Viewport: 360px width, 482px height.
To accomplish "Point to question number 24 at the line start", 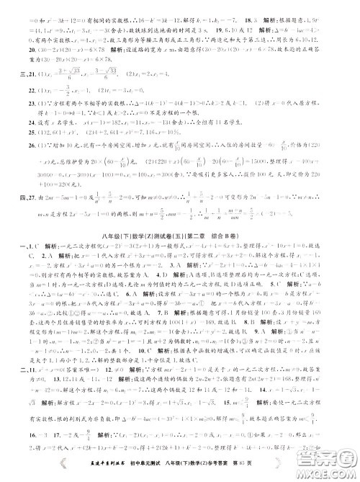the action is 22,122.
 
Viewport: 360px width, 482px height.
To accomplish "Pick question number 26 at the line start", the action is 22,145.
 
